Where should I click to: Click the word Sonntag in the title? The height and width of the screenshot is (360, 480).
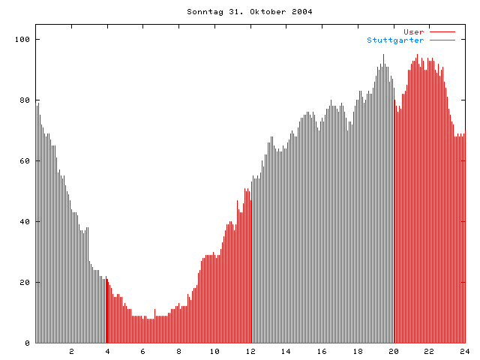(203, 12)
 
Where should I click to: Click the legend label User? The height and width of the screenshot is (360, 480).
(414, 31)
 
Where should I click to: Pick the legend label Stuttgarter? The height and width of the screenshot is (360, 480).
(395, 40)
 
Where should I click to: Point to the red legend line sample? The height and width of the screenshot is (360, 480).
(442, 32)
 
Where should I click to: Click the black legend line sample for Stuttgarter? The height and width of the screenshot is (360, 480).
(442, 40)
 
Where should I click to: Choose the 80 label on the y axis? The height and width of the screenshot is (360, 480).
(25, 100)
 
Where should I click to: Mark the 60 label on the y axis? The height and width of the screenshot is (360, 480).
(25, 160)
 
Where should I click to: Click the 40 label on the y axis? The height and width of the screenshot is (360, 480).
(25, 221)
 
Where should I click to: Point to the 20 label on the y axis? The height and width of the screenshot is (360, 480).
(25, 282)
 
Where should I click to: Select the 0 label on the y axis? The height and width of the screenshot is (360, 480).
(27, 343)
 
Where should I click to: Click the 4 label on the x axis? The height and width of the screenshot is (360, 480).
(107, 351)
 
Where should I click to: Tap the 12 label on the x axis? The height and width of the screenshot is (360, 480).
(250, 351)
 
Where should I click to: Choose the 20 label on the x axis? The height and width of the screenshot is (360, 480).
(393, 351)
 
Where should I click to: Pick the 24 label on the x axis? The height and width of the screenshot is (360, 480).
(464, 351)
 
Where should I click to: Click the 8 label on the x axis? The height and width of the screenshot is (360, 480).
(178, 351)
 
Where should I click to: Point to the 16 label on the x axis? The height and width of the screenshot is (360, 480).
(322, 351)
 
